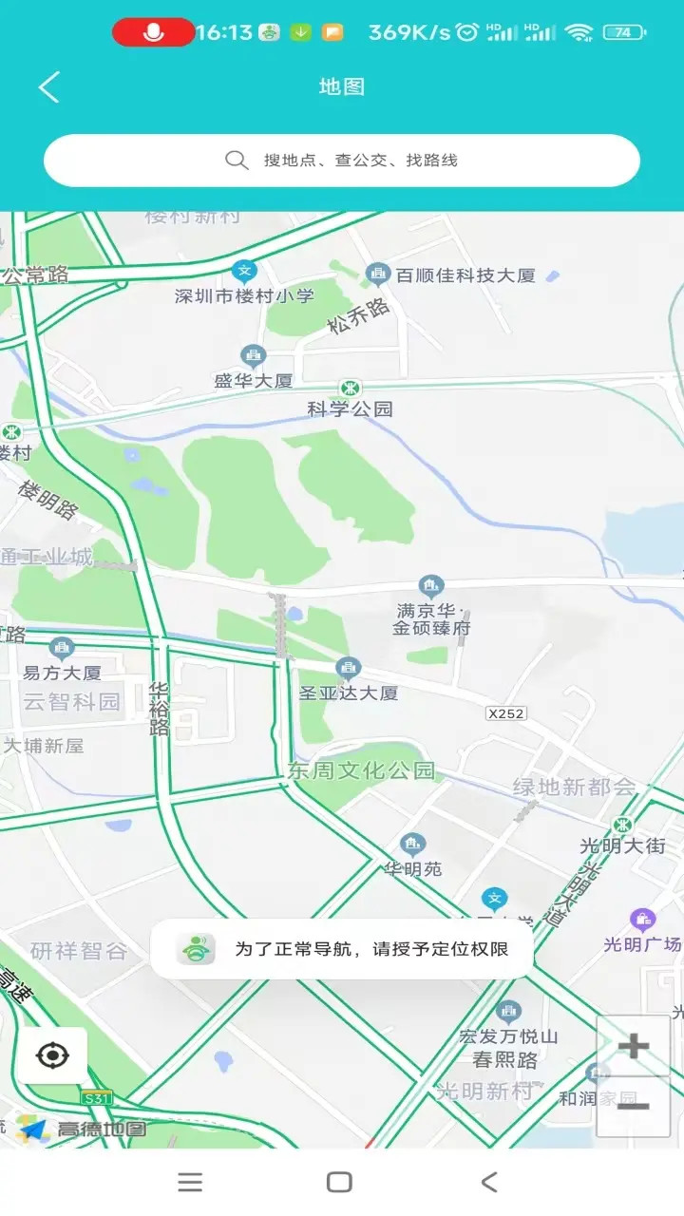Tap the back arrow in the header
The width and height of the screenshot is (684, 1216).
pyautogui.click(x=49, y=87)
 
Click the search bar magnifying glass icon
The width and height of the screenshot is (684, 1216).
pyautogui.click(x=237, y=160)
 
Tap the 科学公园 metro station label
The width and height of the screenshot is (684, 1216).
pyautogui.click(x=350, y=409)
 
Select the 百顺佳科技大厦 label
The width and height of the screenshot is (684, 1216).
pyautogui.click(x=465, y=275)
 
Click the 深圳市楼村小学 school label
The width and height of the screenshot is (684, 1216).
pyautogui.click(x=244, y=295)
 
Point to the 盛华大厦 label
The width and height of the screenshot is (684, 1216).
pyautogui.click(x=253, y=381)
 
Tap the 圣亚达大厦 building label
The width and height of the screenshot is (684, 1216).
pyautogui.click(x=349, y=693)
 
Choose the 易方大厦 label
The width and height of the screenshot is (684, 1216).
pyautogui.click(x=62, y=673)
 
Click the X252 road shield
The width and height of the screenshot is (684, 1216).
pyautogui.click(x=505, y=713)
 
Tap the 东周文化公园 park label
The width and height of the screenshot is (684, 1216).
pyautogui.click(x=361, y=770)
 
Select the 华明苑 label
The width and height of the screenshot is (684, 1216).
pyautogui.click(x=412, y=868)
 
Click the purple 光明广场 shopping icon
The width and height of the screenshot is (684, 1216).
pyautogui.click(x=643, y=919)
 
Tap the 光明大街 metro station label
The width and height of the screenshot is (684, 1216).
pyautogui.click(x=623, y=845)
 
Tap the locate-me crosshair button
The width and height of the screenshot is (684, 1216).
pyautogui.click(x=52, y=1055)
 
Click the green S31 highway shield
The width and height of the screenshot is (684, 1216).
pyautogui.click(x=96, y=1098)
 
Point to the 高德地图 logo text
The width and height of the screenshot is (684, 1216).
pyautogui.click(x=102, y=1130)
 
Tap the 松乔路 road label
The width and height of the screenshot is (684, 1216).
pyautogui.click(x=358, y=315)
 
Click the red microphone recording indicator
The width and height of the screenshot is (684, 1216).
pyautogui.click(x=153, y=32)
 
